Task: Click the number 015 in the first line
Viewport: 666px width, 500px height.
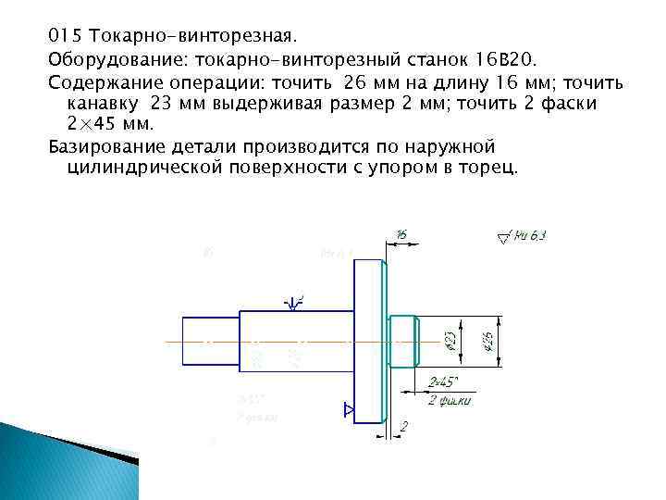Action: tap(62, 37)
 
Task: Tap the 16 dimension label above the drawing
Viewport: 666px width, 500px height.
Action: tap(401, 235)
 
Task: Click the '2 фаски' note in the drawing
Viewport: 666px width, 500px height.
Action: tap(450, 400)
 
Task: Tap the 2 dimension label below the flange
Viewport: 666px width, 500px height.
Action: tap(404, 425)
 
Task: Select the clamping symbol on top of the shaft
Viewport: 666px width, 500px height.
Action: tap(295, 301)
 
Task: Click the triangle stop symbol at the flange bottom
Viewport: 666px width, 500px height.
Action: tap(348, 408)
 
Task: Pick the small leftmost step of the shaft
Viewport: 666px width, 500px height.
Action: tap(210, 342)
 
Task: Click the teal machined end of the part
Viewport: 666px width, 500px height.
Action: tap(403, 341)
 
